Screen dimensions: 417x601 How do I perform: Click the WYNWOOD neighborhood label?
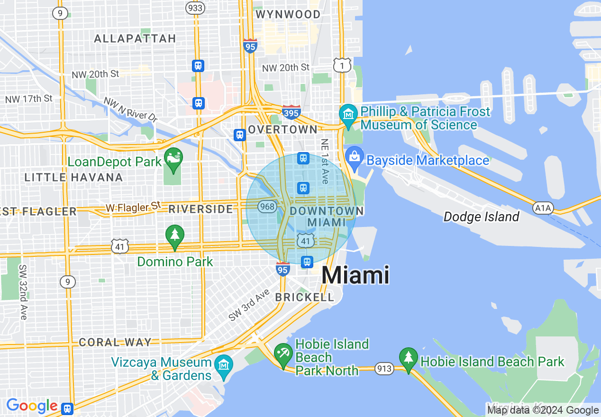(x=288, y=15)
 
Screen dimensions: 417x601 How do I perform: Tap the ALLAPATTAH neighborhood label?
(x=135, y=38)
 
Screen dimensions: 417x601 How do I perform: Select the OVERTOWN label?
(x=282, y=129)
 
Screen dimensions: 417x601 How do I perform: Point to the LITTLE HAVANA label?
(x=73, y=178)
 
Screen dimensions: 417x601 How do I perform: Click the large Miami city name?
(x=355, y=275)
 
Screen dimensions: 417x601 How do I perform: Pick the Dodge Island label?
(x=481, y=217)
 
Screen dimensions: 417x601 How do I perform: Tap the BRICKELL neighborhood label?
(x=305, y=297)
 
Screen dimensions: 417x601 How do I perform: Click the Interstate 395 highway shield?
(x=291, y=112)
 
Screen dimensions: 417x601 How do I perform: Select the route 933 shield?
(x=195, y=8)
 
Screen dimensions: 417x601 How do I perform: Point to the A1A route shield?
(x=543, y=207)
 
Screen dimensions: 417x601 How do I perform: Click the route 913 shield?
(x=384, y=368)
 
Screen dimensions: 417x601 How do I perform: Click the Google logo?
(x=32, y=406)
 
